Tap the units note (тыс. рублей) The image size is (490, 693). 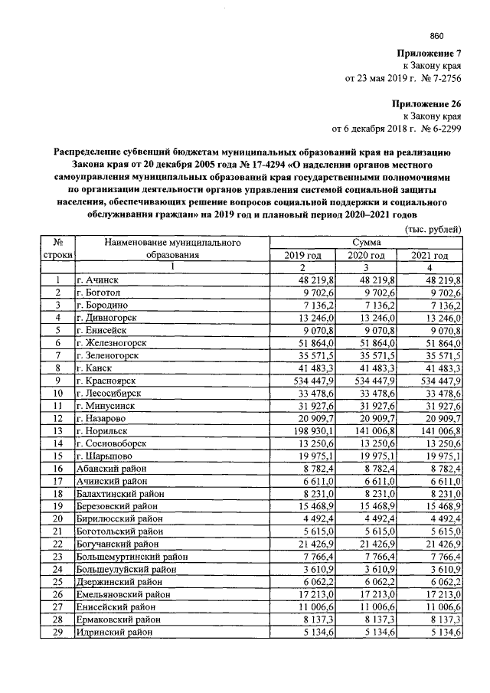pos(433,229)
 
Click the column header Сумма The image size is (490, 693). pos(367,242)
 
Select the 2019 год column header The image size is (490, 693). pos(302,254)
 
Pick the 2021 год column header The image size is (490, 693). pos(430,254)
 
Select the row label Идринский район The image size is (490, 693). pos(114,633)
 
